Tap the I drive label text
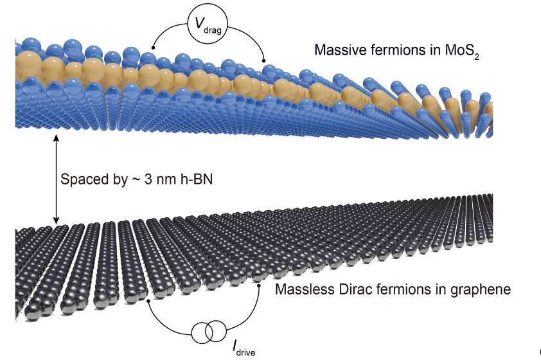click(243, 348)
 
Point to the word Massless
click(300, 289)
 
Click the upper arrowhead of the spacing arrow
click(57, 137)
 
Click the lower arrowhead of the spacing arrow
click(57, 221)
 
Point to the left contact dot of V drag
click(152, 47)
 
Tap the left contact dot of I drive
click(149, 300)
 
